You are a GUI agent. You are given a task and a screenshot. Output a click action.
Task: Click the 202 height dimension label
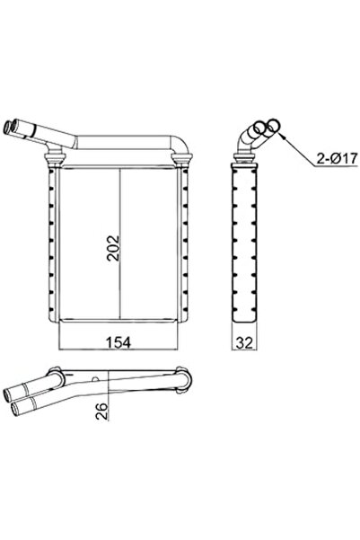pos(113,248)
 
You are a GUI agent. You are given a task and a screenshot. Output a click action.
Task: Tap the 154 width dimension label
pos(118,342)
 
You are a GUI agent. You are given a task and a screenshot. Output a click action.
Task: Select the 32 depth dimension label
pos(244,342)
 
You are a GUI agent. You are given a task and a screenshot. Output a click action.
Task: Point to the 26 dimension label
pos(101,411)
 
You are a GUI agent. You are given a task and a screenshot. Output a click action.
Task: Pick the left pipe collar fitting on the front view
pos(55,158)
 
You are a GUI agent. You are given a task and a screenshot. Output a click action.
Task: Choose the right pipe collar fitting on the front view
pos(181,159)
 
